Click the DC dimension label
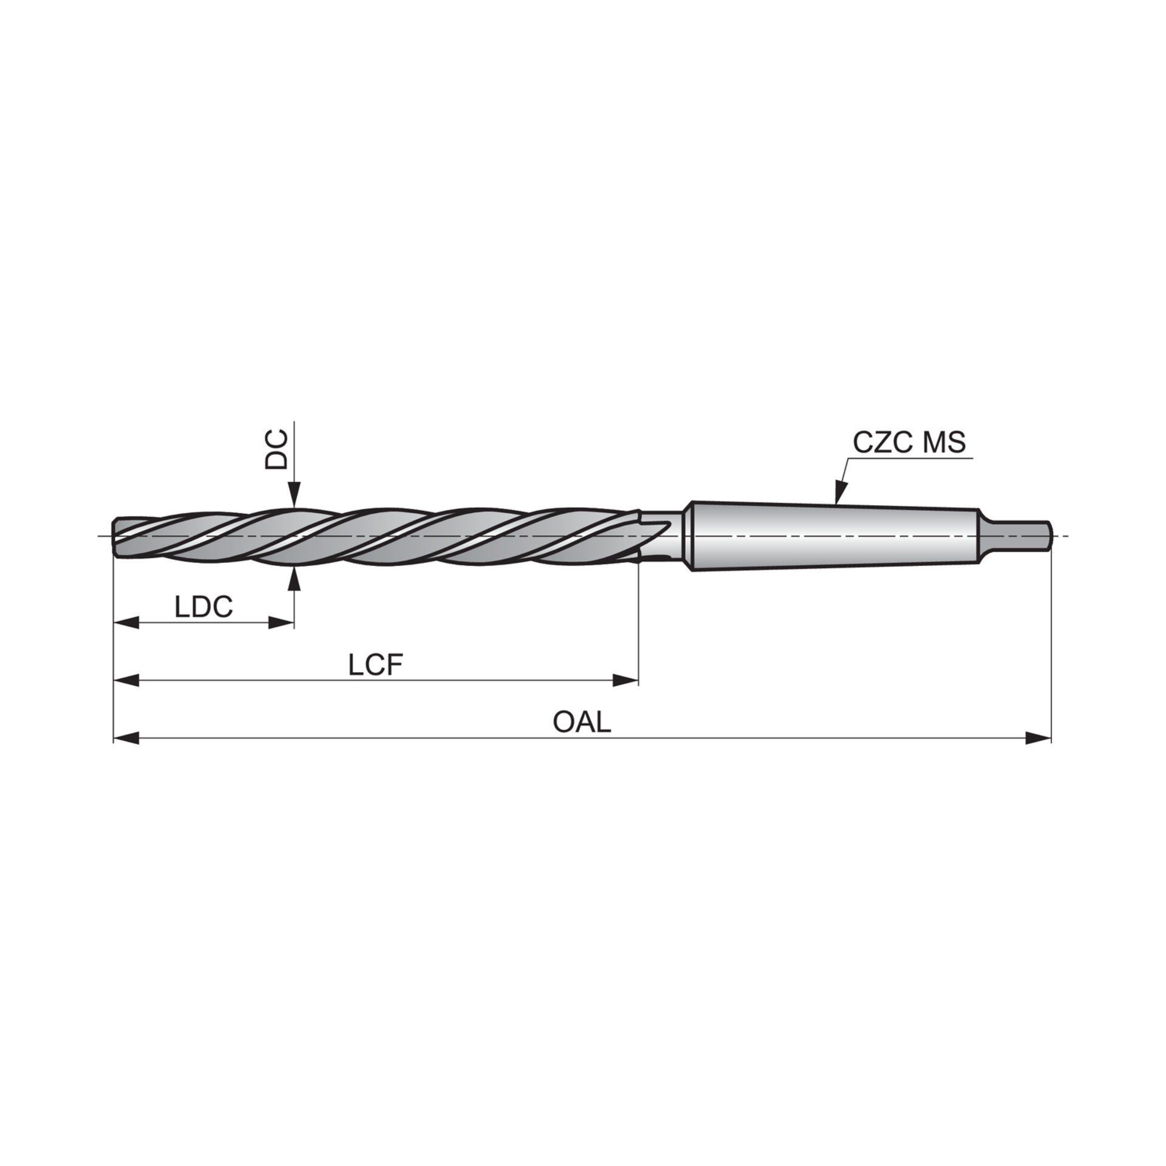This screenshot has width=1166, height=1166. pyautogui.click(x=276, y=450)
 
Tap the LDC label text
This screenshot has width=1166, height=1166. pyautogui.click(x=204, y=607)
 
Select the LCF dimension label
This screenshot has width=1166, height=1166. pyautogui.click(x=376, y=666)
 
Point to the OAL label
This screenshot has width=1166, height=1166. pyautogui.click(x=582, y=722)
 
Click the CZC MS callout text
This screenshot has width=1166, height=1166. pyautogui.click(x=909, y=443)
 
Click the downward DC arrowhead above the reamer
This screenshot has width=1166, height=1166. pyautogui.click(x=294, y=493)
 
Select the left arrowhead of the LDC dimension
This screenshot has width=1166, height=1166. pyautogui.click(x=126, y=622)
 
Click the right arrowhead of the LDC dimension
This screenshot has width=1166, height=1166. pyautogui.click(x=282, y=622)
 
